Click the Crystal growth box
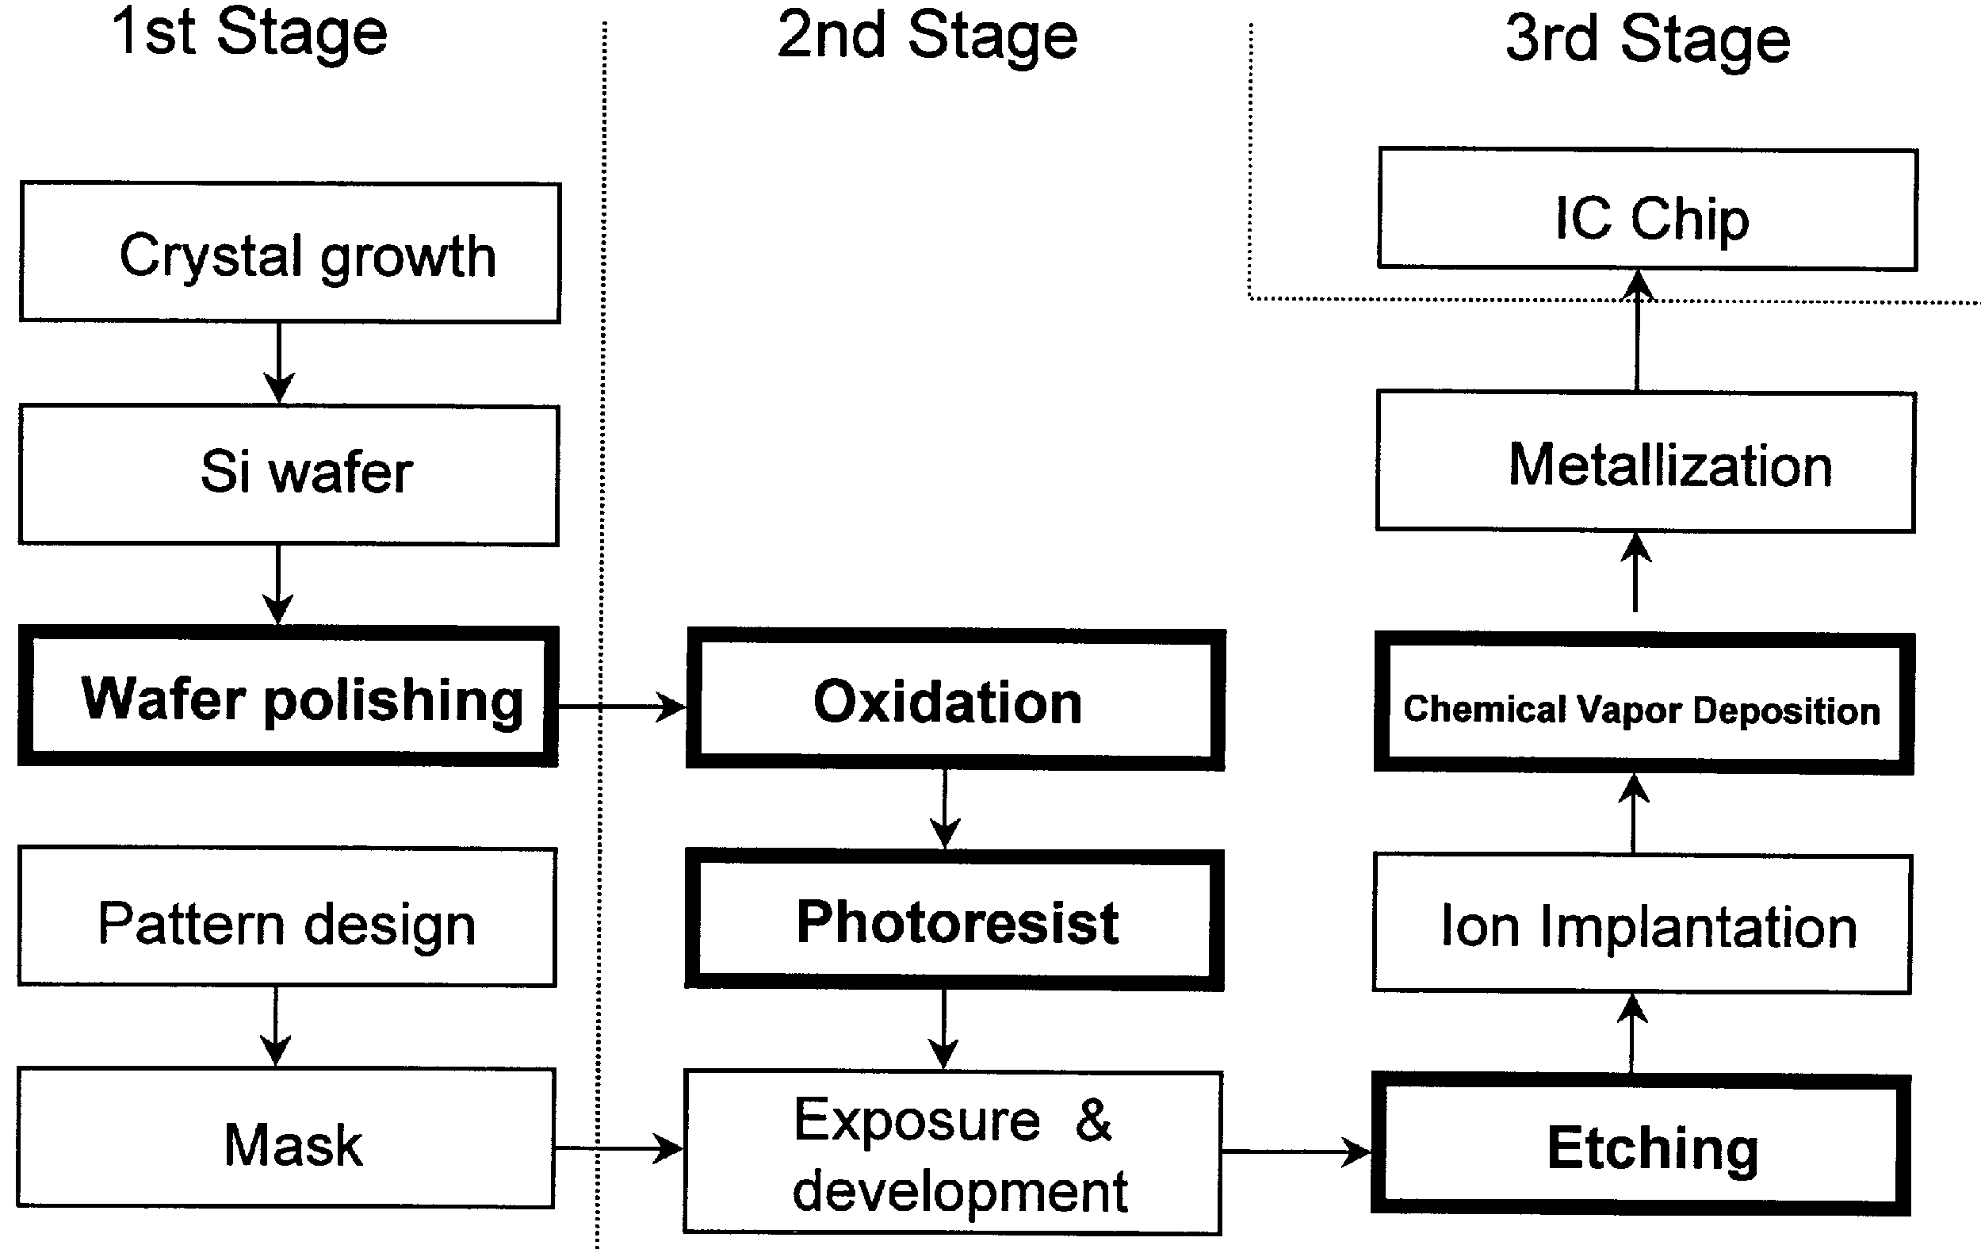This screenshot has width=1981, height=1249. pos(289,253)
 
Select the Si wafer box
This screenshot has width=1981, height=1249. pos(289,475)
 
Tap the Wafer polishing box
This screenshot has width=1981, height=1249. pos(288,697)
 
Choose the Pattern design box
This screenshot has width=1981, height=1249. pos(287,918)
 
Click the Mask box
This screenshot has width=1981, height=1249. pos(285,1138)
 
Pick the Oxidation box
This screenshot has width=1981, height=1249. pos(955,700)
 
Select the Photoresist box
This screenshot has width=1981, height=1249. pos(954,920)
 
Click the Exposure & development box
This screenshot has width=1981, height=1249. pos(953,1152)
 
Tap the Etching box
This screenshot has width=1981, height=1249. pos(1640,1144)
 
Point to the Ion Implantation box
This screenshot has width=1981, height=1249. pos(1642,924)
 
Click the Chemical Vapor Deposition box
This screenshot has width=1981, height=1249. pos(1644,704)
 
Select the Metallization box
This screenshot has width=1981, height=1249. pos(1646,462)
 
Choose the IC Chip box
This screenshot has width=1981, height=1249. pos(1648,210)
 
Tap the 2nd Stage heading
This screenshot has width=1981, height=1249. pos(927,38)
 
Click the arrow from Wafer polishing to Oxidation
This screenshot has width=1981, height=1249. pos(622,706)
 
